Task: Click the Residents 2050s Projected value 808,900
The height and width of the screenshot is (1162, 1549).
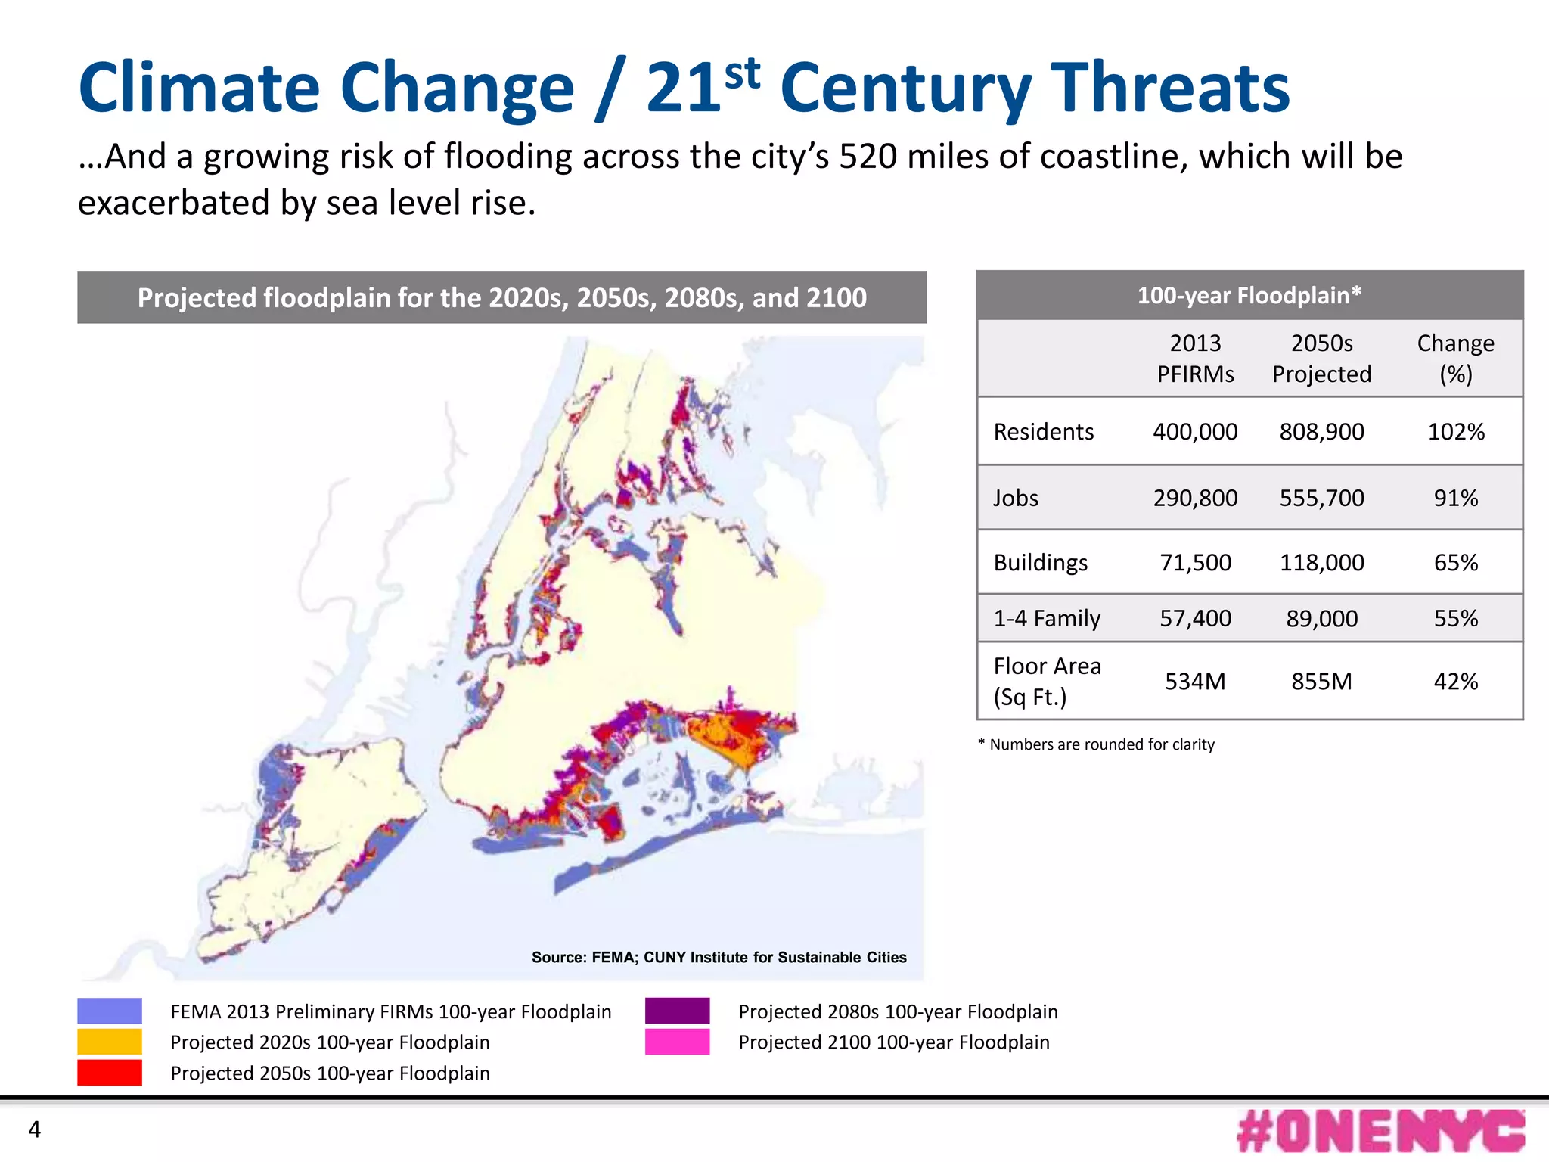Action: pos(1321,431)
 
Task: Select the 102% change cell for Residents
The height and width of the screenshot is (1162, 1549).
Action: pos(1455,431)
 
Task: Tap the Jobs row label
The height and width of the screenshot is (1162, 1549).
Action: pos(1015,498)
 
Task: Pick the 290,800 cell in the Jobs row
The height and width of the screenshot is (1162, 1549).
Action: pos(1195,498)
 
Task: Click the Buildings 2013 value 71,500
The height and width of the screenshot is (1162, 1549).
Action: pos(1195,562)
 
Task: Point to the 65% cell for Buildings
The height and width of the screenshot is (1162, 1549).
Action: pos(1455,562)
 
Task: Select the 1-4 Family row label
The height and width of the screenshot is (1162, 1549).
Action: pos(1046,618)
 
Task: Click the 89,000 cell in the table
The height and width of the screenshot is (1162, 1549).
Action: pos(1321,618)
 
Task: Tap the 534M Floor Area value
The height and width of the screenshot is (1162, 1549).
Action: pos(1195,681)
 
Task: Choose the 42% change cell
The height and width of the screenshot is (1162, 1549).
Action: pos(1455,681)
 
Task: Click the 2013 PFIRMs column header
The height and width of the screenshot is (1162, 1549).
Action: pos(1195,359)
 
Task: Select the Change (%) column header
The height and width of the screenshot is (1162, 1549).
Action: pos(1455,359)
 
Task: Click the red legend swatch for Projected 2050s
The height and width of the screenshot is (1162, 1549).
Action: pos(110,1073)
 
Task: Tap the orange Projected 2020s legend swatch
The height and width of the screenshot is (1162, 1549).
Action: pos(110,1042)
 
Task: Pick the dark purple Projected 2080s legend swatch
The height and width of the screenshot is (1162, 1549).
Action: pos(677,1011)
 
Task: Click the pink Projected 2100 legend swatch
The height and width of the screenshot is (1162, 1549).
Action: pos(677,1042)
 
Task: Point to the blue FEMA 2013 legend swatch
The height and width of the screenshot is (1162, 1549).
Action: pos(110,1011)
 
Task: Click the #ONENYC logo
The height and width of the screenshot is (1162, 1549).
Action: pos(1380,1132)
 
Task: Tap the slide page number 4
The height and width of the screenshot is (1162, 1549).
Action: pos(34,1129)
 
